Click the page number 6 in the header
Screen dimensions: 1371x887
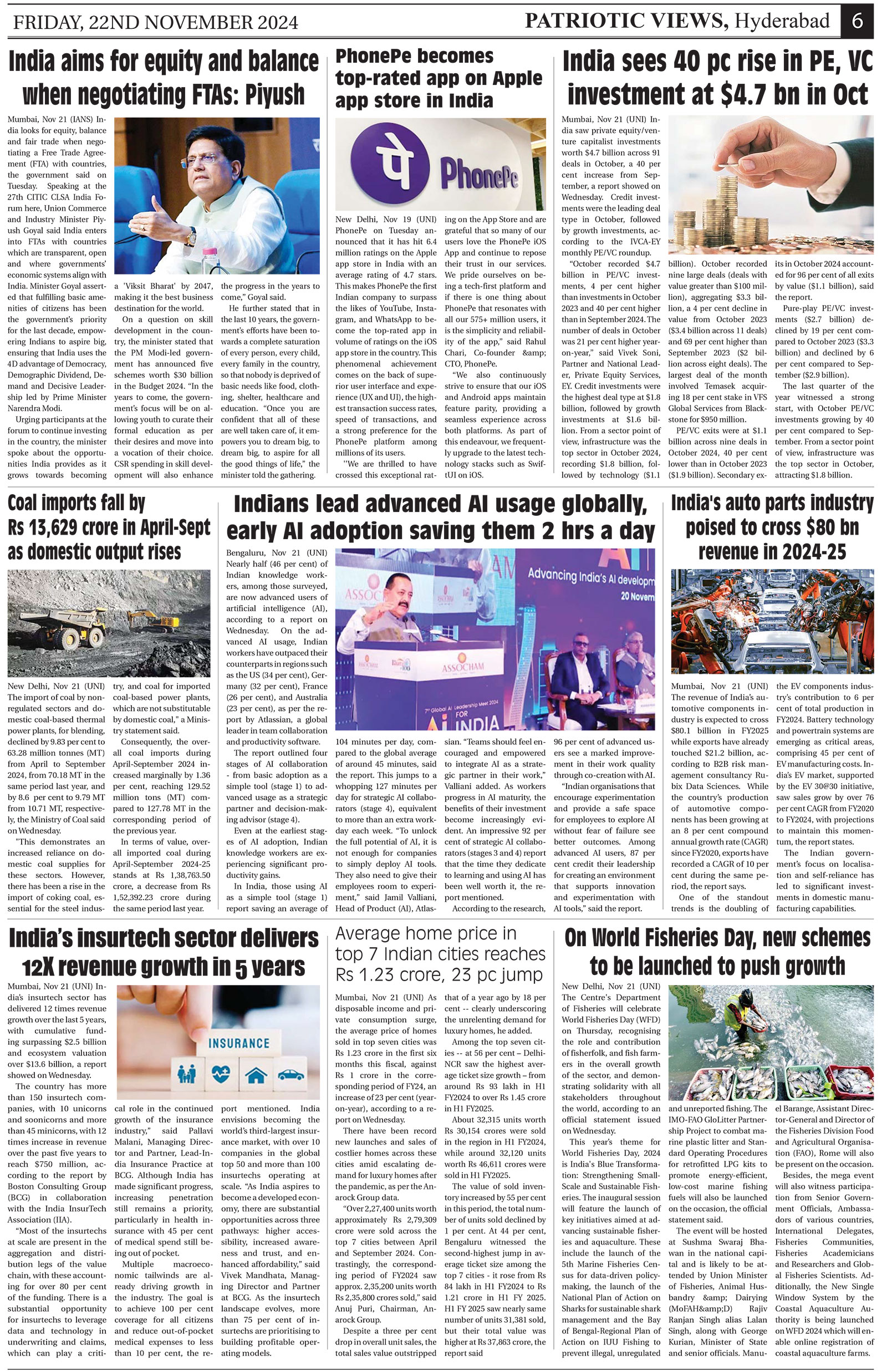pos(857,21)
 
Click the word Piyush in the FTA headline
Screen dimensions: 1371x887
pos(275,94)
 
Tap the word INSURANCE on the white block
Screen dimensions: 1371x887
pos(238,1043)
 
